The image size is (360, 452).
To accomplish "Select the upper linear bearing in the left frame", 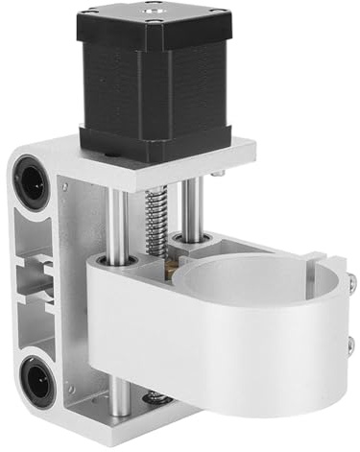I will coord(28,179).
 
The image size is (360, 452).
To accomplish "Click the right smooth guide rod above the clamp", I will coord(192,216).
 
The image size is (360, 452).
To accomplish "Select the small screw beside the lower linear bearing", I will coord(69,390).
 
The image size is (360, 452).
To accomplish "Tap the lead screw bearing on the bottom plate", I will coord(156,396).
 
